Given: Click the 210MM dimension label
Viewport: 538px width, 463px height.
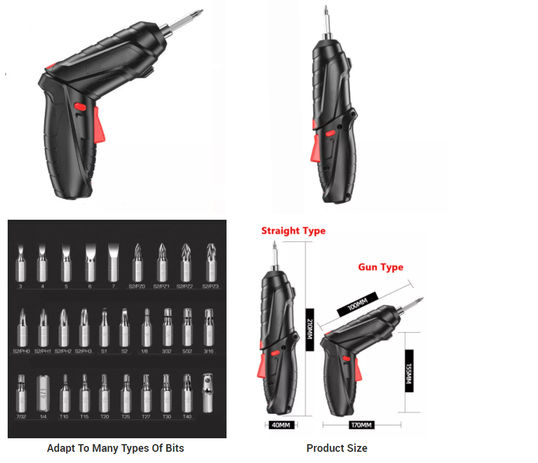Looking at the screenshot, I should (309, 329).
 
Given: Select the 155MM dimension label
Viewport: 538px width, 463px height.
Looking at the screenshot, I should (408, 371).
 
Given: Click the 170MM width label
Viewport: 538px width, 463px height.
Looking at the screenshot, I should (362, 425).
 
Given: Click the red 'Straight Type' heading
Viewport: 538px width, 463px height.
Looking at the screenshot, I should (293, 230).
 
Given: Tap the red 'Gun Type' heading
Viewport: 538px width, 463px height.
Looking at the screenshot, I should (380, 267).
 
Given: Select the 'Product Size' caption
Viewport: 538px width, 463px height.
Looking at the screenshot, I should (336, 448).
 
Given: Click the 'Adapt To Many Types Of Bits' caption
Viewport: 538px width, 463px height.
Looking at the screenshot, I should (116, 448).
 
